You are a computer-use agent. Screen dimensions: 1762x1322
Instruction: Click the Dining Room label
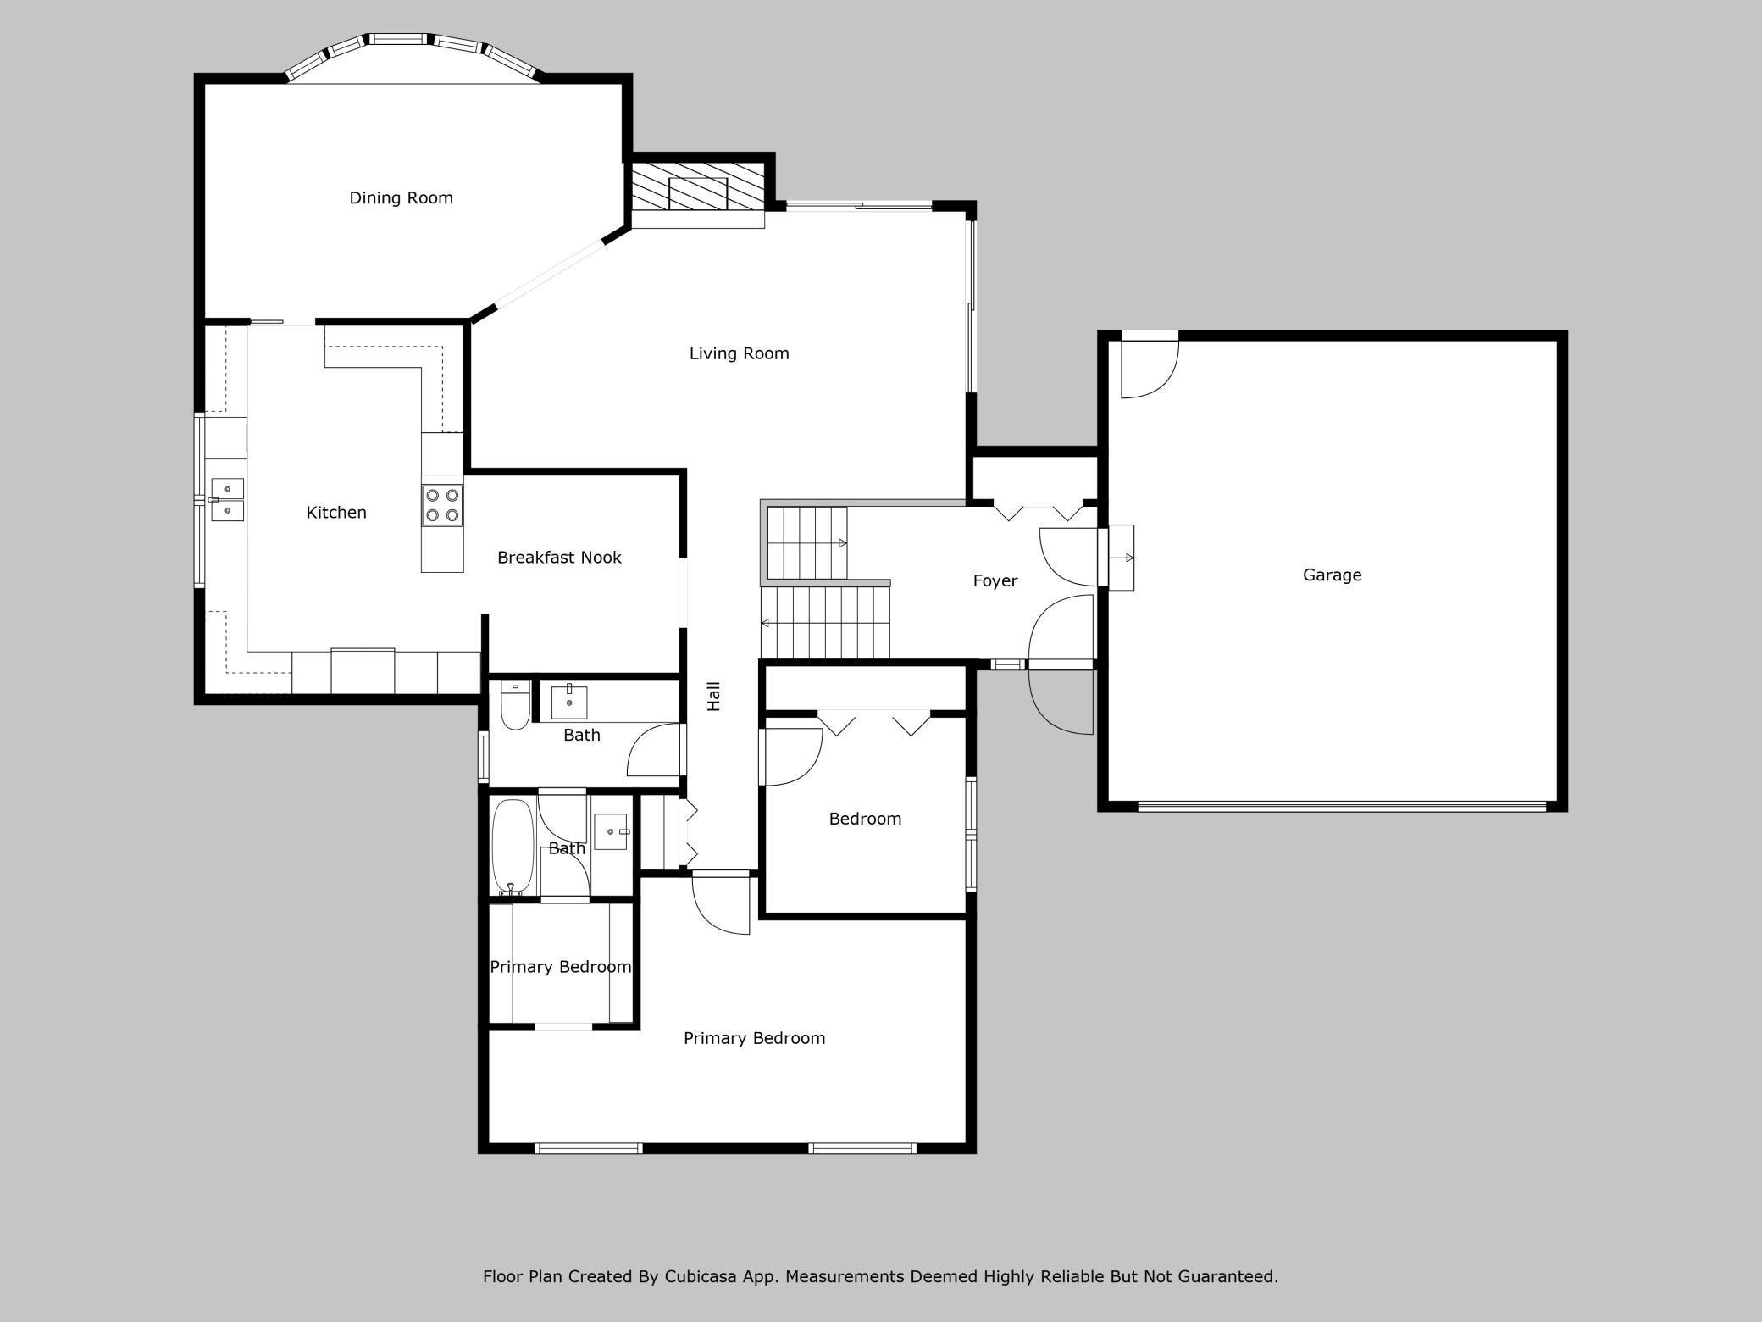point(401,197)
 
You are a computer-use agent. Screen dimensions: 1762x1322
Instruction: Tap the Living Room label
point(739,353)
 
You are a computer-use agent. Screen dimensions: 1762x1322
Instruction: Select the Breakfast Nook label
point(559,557)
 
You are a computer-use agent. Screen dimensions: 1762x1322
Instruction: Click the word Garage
point(1332,575)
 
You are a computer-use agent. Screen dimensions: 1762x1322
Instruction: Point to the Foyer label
point(995,580)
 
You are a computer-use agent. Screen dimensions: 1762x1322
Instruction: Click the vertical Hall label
point(713,696)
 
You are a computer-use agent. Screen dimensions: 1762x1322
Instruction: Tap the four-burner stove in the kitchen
point(442,505)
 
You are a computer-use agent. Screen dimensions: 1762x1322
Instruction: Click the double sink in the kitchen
point(227,499)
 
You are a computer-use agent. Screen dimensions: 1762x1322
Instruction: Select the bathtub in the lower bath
point(513,846)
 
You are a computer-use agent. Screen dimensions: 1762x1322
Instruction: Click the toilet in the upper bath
point(515,705)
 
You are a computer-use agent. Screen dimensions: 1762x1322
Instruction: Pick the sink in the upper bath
point(569,702)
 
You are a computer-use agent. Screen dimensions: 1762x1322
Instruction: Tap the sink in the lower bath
point(611,831)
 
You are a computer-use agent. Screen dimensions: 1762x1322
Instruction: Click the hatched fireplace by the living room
point(698,193)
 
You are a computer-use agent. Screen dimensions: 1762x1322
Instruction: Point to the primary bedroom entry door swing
point(721,905)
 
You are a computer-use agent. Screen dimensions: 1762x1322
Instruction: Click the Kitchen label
point(336,512)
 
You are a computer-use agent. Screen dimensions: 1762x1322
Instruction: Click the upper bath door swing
point(653,750)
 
